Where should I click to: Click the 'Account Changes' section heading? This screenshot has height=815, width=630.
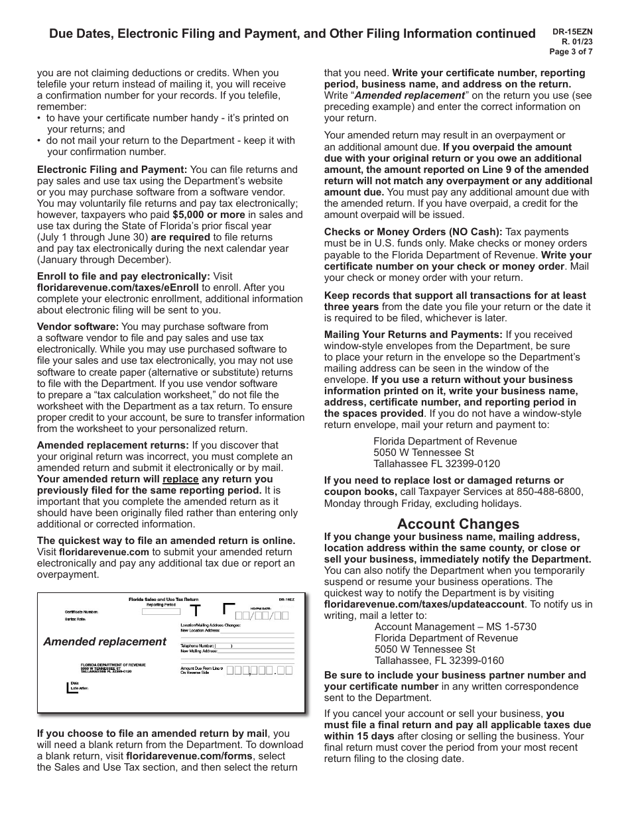tap(458, 524)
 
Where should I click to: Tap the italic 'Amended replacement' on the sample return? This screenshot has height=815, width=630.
tap(105, 641)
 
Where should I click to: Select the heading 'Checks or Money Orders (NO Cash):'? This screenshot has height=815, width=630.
tap(412, 232)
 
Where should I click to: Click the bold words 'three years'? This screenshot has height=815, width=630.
tap(351, 307)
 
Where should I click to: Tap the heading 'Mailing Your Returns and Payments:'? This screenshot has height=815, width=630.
tap(413, 335)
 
